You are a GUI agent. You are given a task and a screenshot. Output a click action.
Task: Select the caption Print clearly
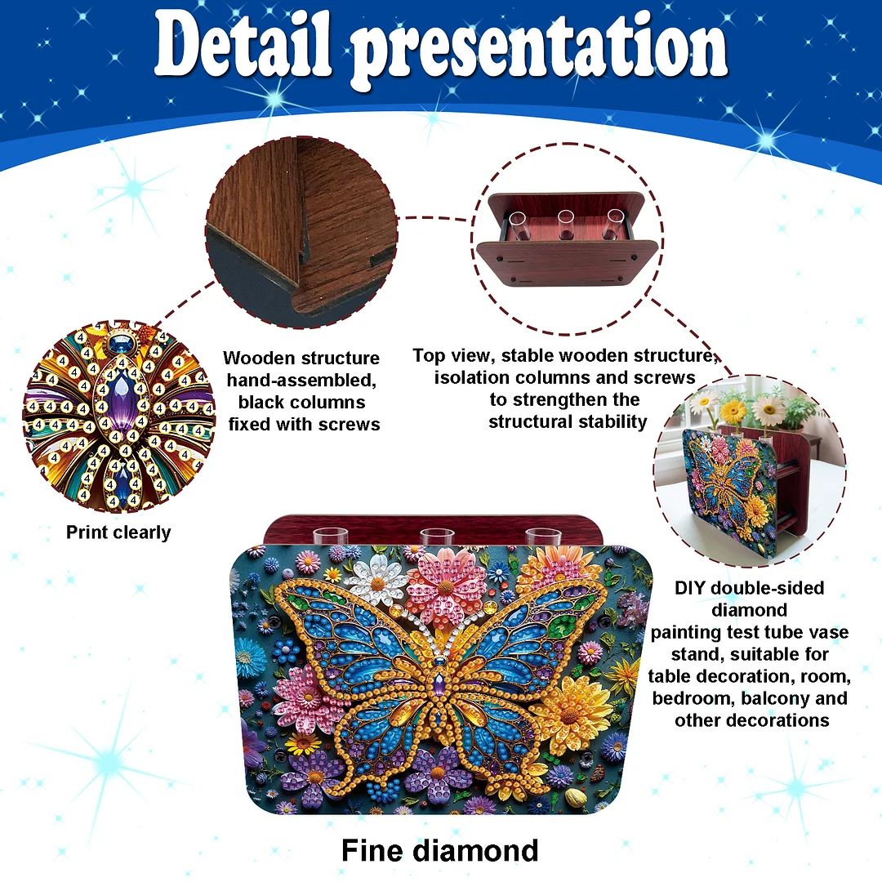point(118,532)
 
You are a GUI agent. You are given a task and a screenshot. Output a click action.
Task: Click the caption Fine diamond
point(440,850)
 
